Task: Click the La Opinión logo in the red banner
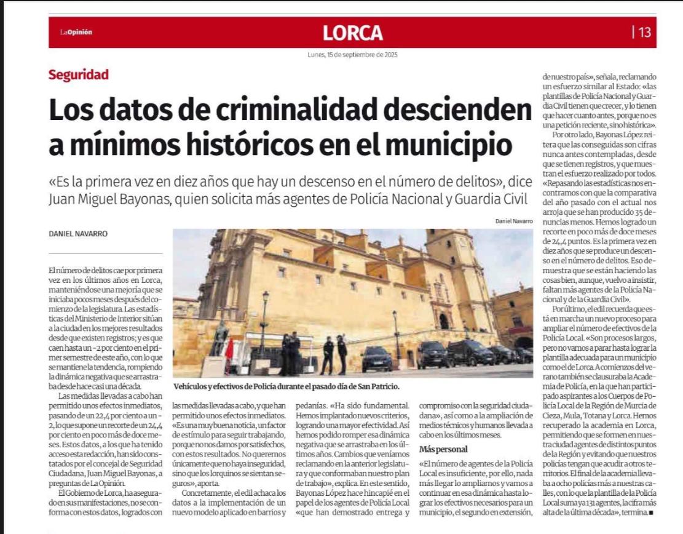tap(76, 33)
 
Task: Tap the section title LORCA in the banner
tap(352, 33)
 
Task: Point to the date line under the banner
tap(352, 55)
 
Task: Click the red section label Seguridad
tap(79, 75)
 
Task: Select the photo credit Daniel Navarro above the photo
tap(513, 221)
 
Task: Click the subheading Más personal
tap(443, 449)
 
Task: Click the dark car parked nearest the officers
tap(376, 359)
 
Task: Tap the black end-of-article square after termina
tap(650, 512)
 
